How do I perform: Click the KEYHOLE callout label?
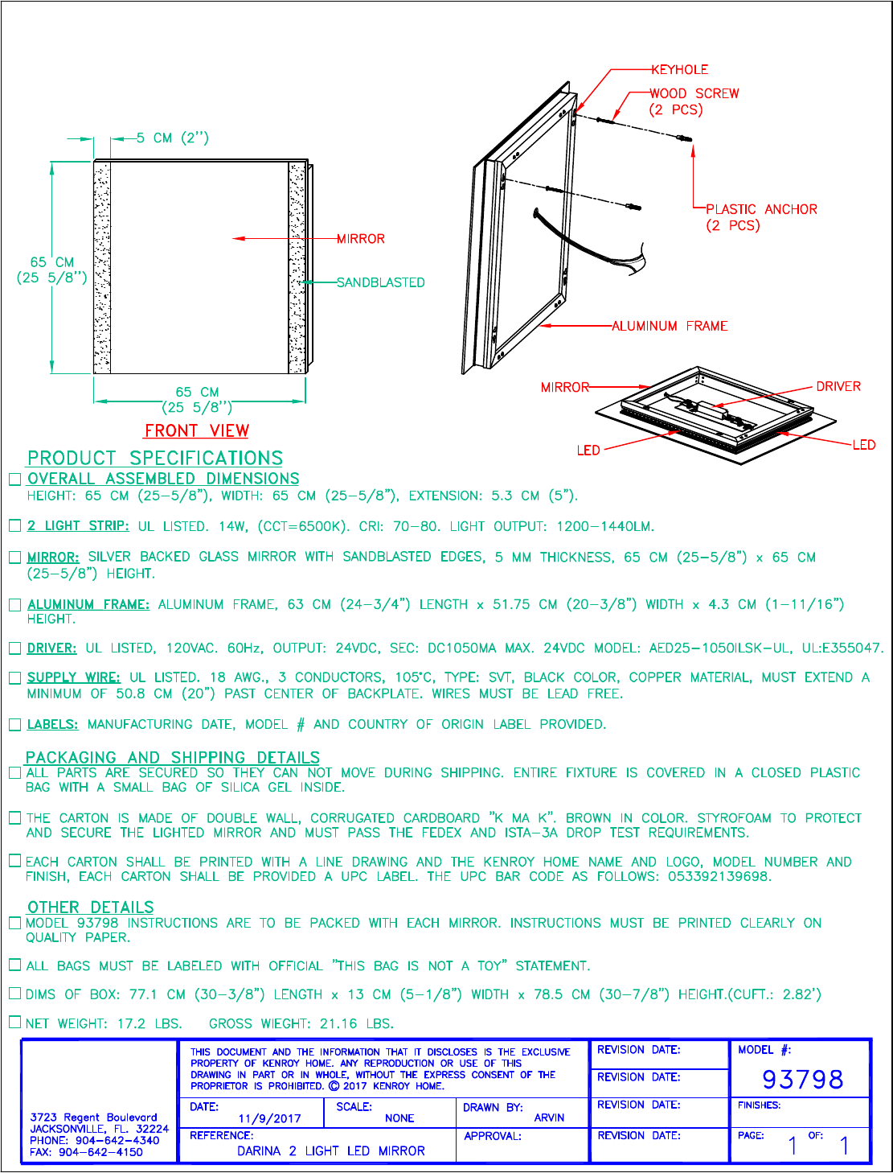click(x=679, y=70)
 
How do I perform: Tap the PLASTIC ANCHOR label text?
click(x=761, y=209)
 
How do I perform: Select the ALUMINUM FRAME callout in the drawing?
click(x=670, y=326)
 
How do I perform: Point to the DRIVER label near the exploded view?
click(x=838, y=386)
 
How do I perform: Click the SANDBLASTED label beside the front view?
click(x=380, y=282)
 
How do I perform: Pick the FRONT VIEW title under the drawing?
click(x=197, y=430)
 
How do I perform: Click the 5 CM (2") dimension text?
click(x=172, y=138)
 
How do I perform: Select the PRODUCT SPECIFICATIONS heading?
click(x=155, y=458)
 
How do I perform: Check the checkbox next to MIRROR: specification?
click(x=14, y=558)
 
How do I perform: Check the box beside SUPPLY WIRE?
click(x=14, y=678)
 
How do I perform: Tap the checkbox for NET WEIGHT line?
click(x=14, y=1023)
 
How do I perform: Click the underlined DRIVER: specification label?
click(x=52, y=648)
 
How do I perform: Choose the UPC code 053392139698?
click(x=719, y=876)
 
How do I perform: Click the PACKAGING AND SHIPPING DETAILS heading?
click(x=173, y=757)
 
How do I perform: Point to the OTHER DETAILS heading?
click(x=91, y=907)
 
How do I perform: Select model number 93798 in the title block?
click(x=802, y=1079)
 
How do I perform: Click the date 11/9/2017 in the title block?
click(x=269, y=1118)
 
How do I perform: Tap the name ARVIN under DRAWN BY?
click(x=549, y=1117)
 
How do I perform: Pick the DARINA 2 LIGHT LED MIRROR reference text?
click(x=330, y=1151)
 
